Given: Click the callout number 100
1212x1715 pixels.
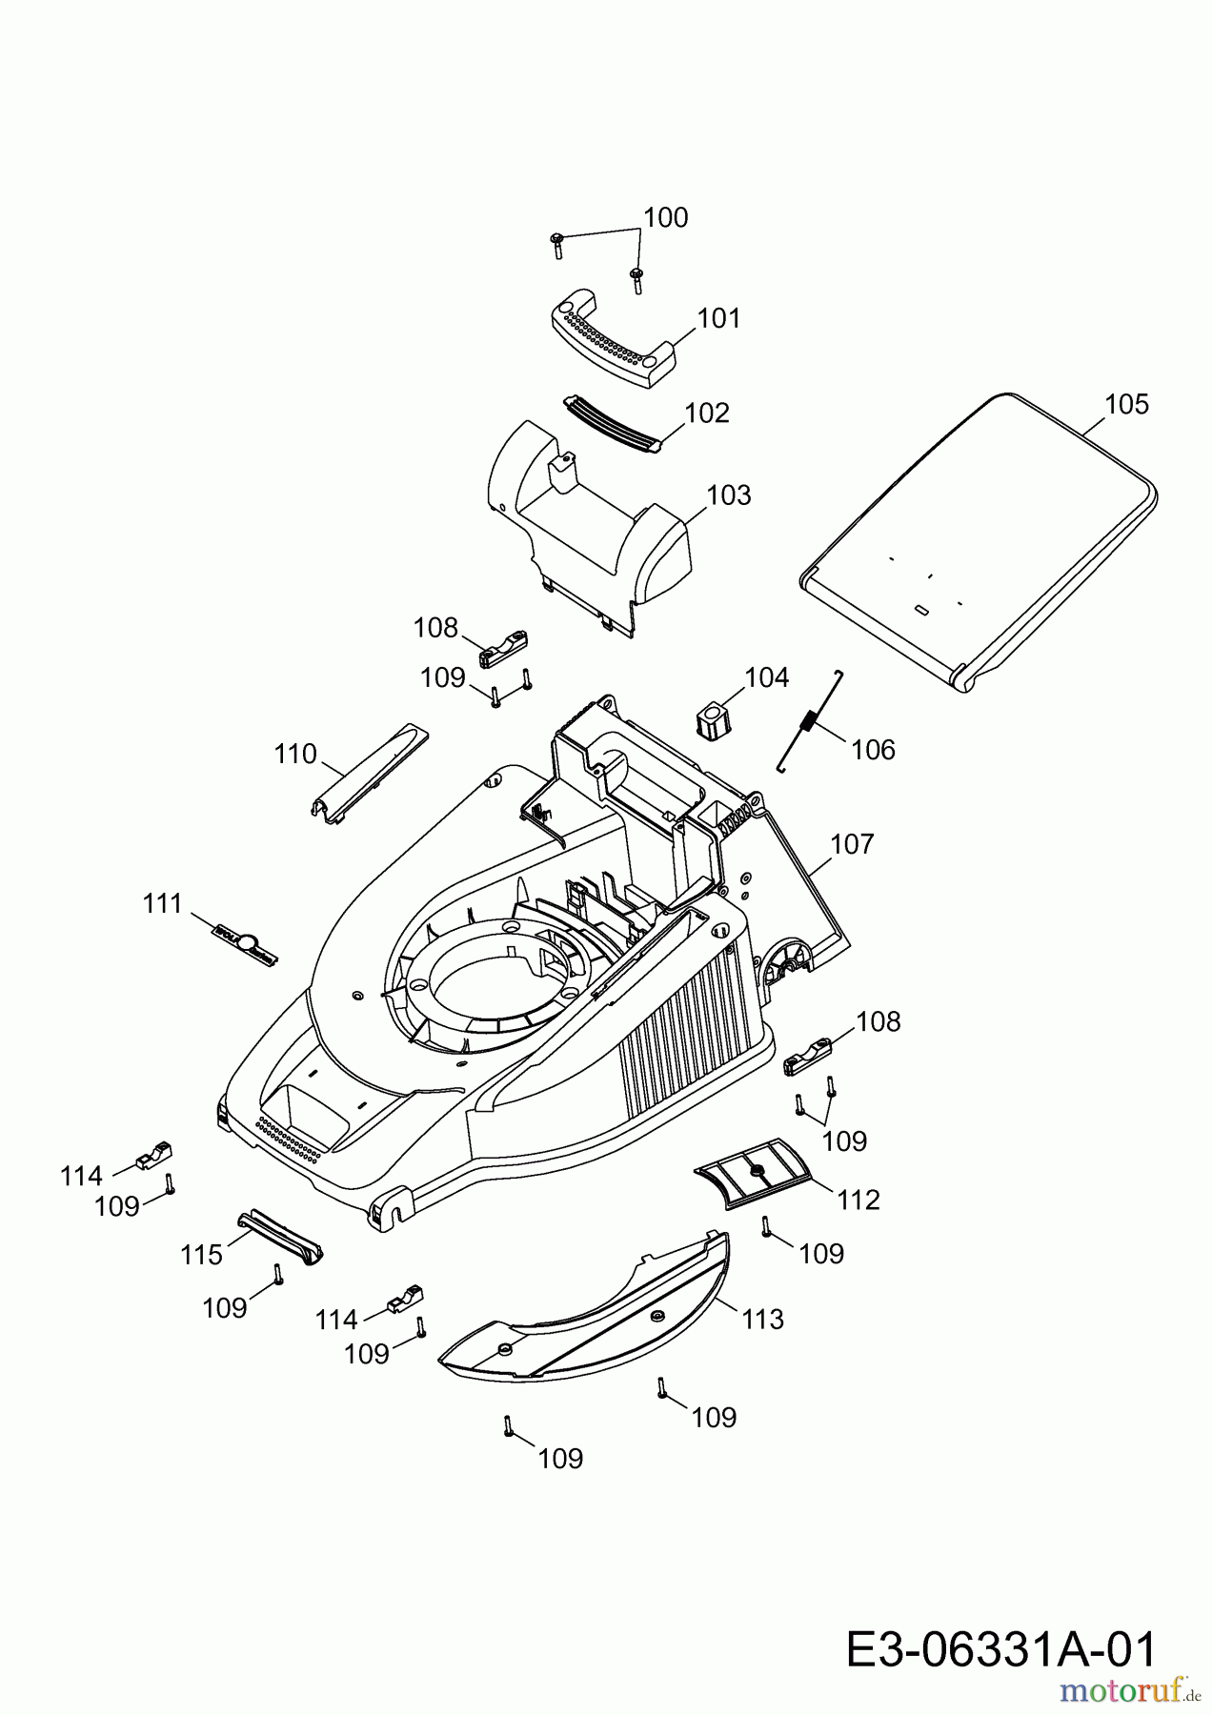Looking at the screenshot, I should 665,218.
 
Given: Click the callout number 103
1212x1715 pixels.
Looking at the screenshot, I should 729,495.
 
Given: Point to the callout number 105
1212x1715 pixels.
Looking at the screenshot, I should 1126,404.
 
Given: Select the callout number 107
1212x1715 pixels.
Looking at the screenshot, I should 852,844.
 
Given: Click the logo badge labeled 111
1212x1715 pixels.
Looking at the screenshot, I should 242,940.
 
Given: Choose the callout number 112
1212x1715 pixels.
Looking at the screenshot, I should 858,1200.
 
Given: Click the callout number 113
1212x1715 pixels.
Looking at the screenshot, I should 762,1319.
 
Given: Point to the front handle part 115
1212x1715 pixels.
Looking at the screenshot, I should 281,1238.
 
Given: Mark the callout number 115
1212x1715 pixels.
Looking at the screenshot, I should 201,1255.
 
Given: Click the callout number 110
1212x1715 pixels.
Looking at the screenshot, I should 294,754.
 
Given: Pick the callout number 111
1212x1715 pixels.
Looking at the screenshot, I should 162,903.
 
